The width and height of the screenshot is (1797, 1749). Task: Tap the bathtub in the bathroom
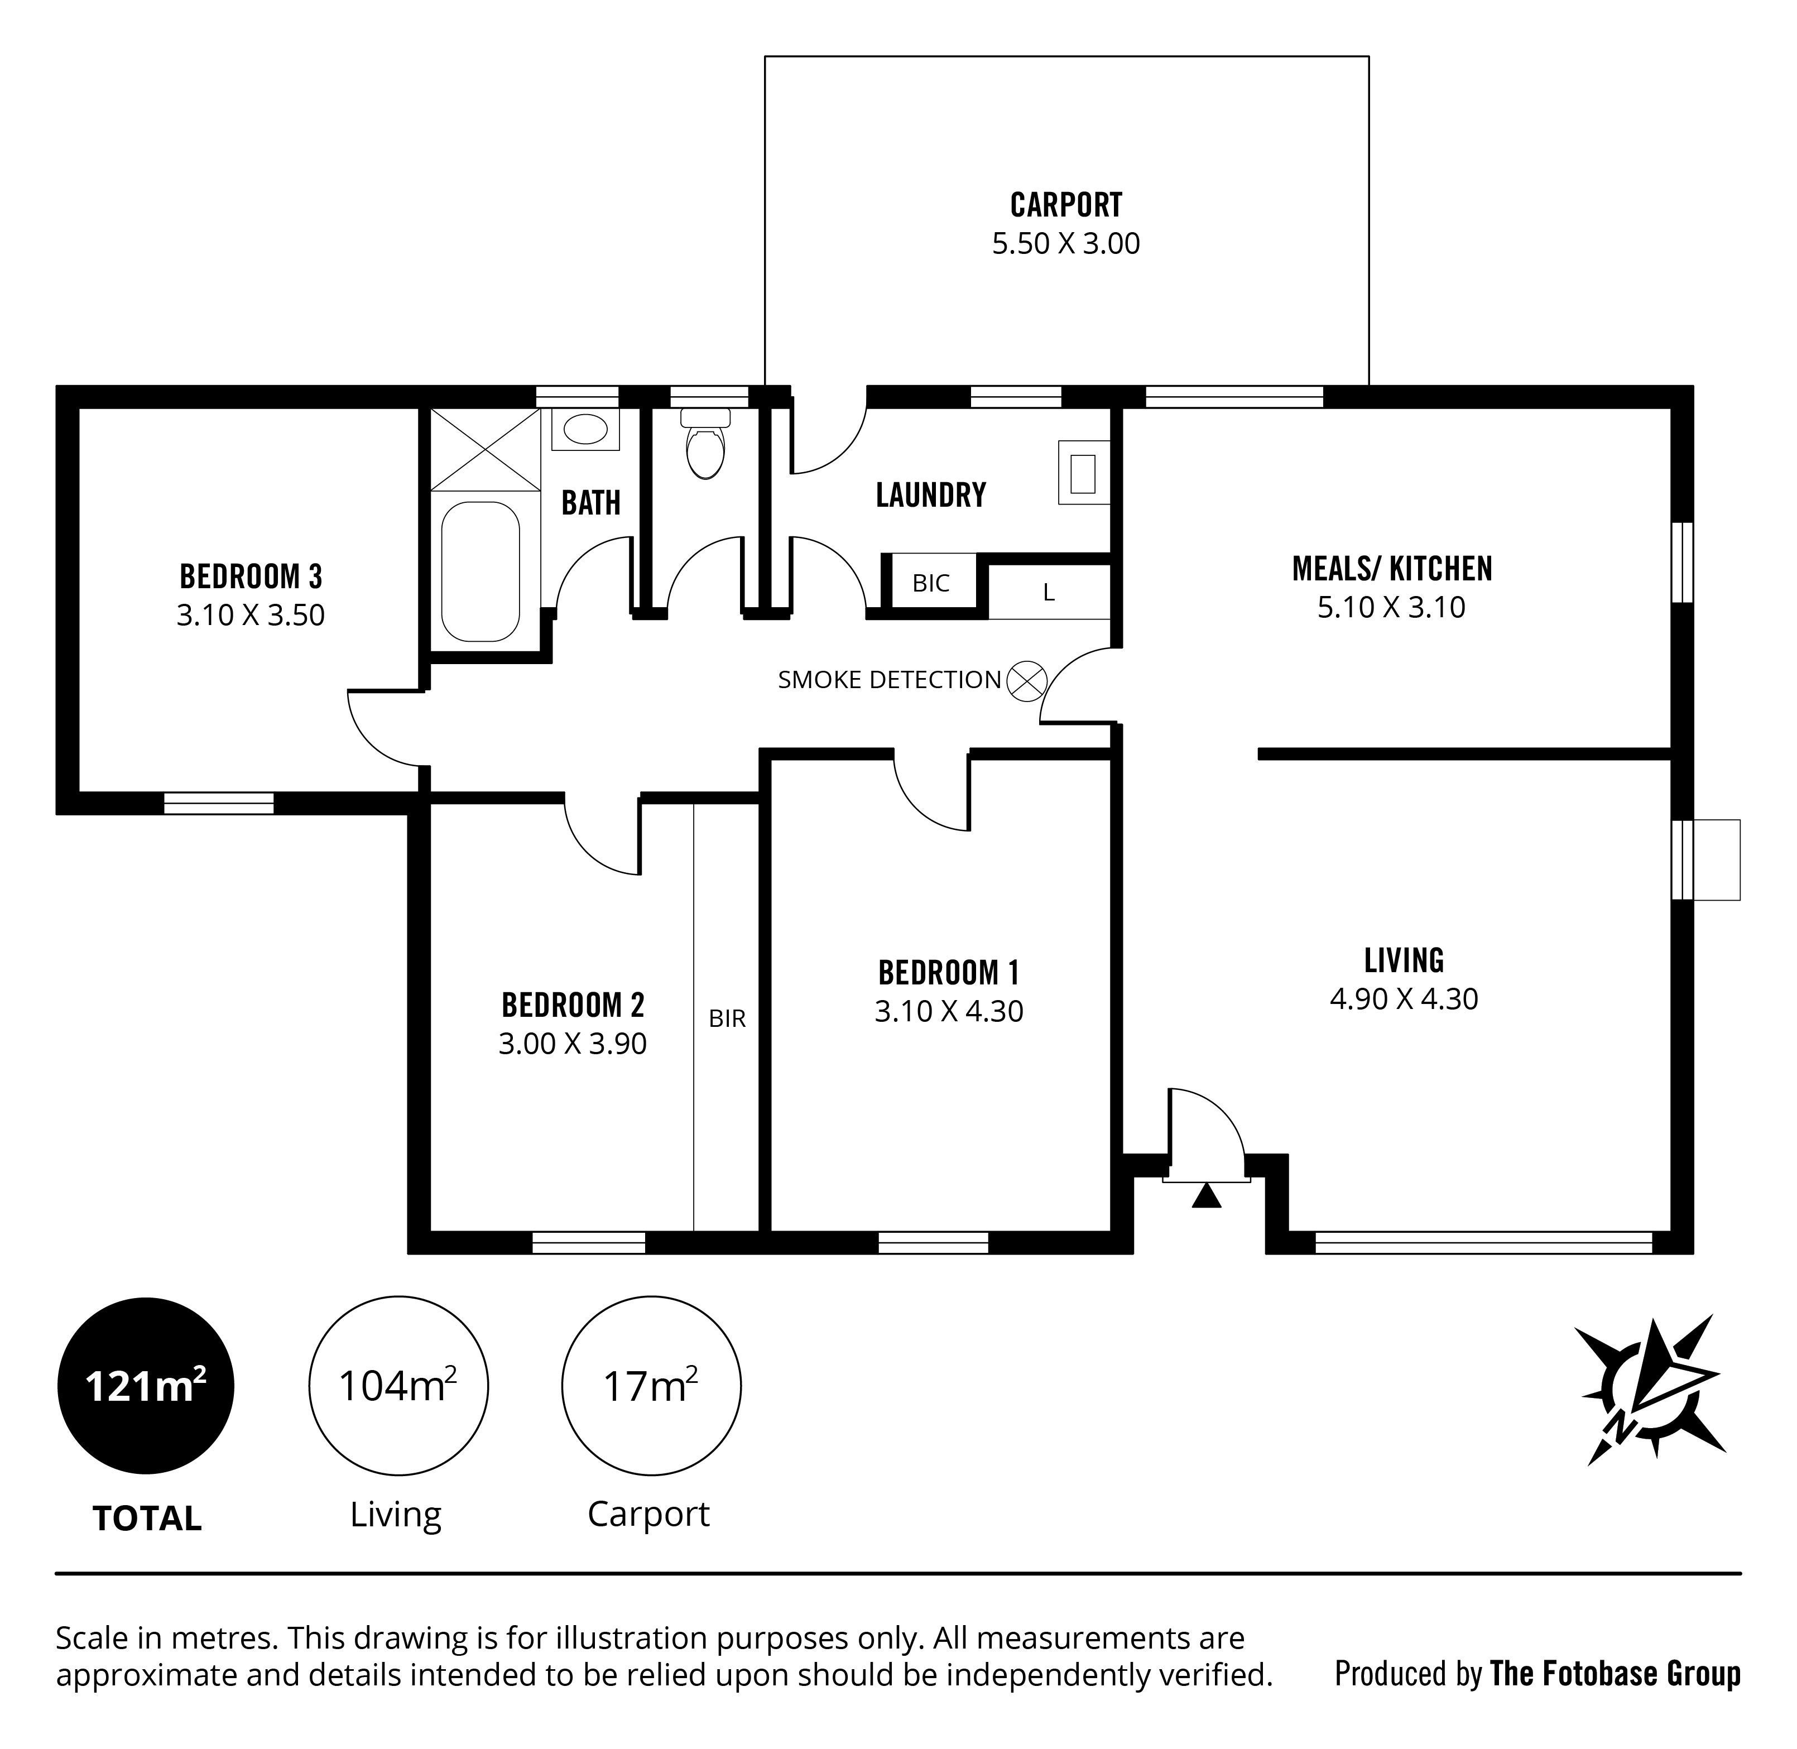tap(481, 571)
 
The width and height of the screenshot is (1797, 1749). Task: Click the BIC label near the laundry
tap(931, 583)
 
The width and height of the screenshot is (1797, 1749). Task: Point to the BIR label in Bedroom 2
tap(727, 1018)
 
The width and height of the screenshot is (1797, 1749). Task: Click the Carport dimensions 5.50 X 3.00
tap(1066, 243)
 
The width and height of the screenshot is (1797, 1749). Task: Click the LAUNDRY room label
tap(931, 495)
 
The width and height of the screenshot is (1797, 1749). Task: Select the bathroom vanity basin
tap(585, 429)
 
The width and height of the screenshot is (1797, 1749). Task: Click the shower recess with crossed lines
tap(485, 449)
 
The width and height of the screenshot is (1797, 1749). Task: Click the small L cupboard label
tap(1048, 593)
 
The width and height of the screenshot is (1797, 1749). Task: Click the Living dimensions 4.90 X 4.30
tap(1404, 998)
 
